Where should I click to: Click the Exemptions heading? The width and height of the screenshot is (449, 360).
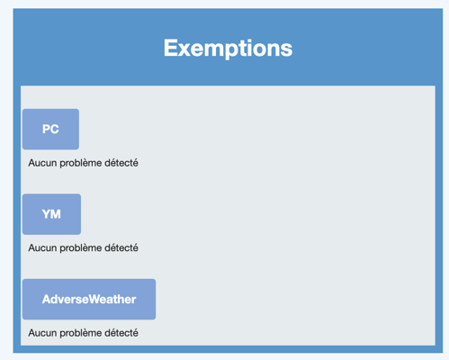click(x=228, y=49)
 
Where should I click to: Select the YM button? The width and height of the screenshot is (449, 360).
click(x=51, y=214)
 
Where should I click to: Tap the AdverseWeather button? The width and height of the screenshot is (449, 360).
click(x=89, y=299)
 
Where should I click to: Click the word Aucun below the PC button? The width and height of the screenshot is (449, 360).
click(x=42, y=163)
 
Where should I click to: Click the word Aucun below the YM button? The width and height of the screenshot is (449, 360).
click(x=42, y=247)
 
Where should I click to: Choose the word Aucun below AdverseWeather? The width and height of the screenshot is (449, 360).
click(x=42, y=333)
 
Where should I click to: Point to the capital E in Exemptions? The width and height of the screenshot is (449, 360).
click(x=170, y=48)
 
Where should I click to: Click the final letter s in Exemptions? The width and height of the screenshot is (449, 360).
click(x=287, y=50)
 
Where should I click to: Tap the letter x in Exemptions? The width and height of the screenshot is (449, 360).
click(x=184, y=50)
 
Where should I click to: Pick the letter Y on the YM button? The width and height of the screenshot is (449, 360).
click(x=47, y=214)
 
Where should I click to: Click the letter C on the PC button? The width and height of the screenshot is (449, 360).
click(x=55, y=129)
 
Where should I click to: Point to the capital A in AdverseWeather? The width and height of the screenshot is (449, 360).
click(x=47, y=299)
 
